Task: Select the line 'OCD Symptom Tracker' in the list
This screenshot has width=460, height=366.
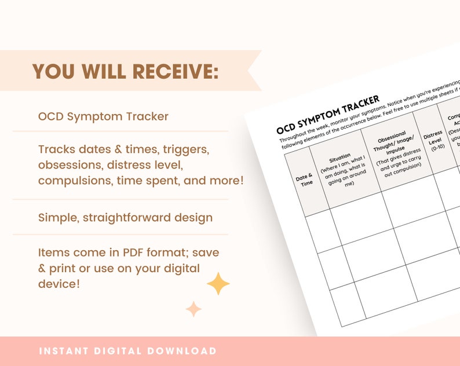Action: click(103, 116)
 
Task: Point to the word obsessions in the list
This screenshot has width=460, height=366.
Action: click(70, 165)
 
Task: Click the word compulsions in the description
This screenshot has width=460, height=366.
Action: click(75, 181)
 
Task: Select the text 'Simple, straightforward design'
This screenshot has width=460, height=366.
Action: click(125, 218)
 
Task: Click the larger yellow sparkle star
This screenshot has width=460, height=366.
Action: click(218, 284)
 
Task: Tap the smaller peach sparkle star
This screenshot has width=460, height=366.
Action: click(194, 309)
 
